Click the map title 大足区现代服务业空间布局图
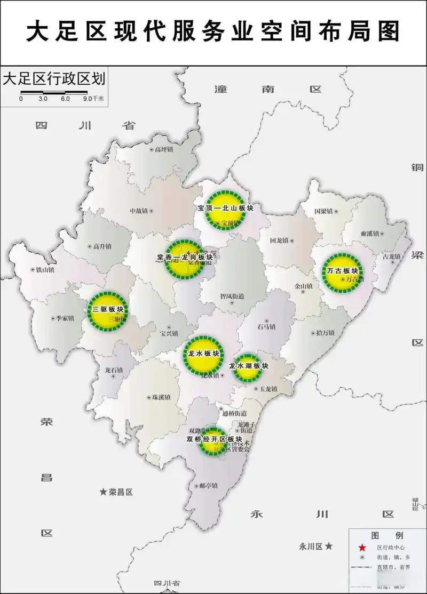pyautogui.click(x=213, y=31)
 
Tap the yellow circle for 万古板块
pyautogui.click(x=342, y=271)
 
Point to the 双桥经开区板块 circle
pyautogui.click(x=213, y=440)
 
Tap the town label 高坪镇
pyautogui.click(x=162, y=150)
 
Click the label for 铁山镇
pyautogui.click(x=45, y=270)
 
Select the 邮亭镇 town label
pyautogui.click(x=207, y=486)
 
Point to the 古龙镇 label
pyautogui.click(x=391, y=256)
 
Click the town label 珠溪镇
pyautogui.click(x=161, y=397)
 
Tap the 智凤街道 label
pyautogui.click(x=232, y=296)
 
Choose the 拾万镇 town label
pyautogui.click(x=325, y=333)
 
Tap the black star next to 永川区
pyautogui.click(x=329, y=547)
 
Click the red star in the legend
pyautogui.click(x=362, y=548)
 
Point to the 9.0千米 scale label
pyautogui.click(x=94, y=99)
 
